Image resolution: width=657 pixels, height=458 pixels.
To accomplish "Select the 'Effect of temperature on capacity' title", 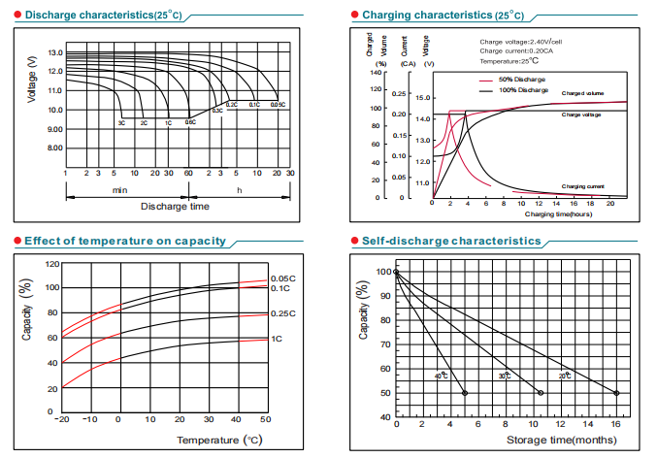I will [x=125, y=241].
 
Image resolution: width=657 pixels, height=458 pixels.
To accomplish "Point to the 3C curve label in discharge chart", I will [x=122, y=123].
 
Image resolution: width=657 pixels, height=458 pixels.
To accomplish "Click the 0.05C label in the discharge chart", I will [x=277, y=104].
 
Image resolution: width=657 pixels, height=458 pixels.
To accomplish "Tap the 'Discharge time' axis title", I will [x=175, y=207].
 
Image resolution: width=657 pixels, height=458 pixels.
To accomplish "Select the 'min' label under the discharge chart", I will [x=120, y=189].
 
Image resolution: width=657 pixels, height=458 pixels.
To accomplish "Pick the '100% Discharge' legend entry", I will [x=523, y=89].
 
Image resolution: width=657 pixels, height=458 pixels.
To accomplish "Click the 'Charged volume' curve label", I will [x=582, y=93].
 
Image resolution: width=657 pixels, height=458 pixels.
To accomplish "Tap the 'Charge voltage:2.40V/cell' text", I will [x=520, y=42].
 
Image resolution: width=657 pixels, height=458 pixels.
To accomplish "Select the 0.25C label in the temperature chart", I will [x=284, y=313].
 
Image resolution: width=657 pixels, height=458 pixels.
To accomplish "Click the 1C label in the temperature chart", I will [x=277, y=339].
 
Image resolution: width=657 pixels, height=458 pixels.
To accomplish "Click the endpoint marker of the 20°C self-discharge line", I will [x=616, y=393].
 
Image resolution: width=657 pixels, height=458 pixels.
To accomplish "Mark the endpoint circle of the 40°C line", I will [x=465, y=393].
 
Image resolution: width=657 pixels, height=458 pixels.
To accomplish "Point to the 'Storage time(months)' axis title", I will [x=560, y=441].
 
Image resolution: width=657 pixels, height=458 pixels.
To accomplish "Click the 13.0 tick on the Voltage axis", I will [x=54, y=52].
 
